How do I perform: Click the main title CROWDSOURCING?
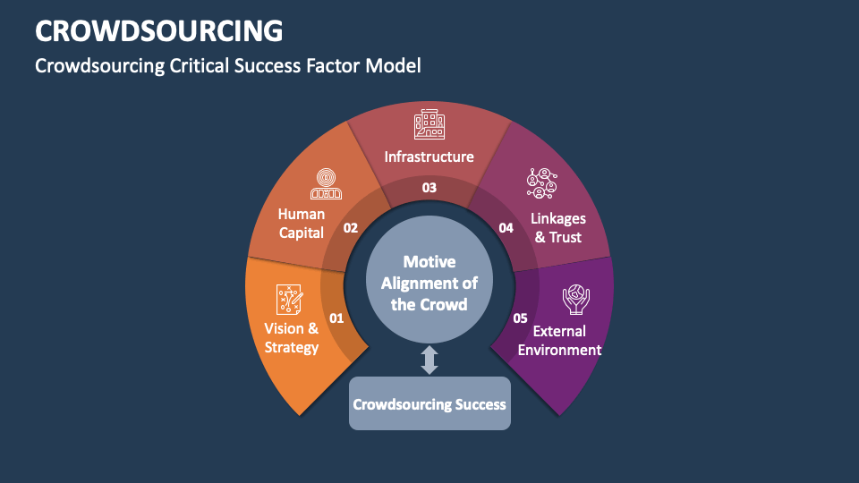click(159, 30)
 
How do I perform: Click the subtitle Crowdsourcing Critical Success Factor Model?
click(227, 65)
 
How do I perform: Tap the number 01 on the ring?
click(336, 318)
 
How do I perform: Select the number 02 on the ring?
click(351, 228)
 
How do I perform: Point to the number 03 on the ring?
click(429, 188)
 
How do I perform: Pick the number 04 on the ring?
click(506, 228)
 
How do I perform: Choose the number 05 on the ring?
click(520, 318)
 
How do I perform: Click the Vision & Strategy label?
click(292, 338)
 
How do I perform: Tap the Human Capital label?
click(302, 224)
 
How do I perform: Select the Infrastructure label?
click(429, 157)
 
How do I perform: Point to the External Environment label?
click(560, 340)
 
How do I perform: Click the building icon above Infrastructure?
click(429, 124)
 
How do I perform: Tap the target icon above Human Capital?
click(326, 183)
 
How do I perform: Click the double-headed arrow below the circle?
click(429, 360)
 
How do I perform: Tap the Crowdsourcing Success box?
click(429, 403)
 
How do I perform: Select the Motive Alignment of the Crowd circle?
click(429, 283)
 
